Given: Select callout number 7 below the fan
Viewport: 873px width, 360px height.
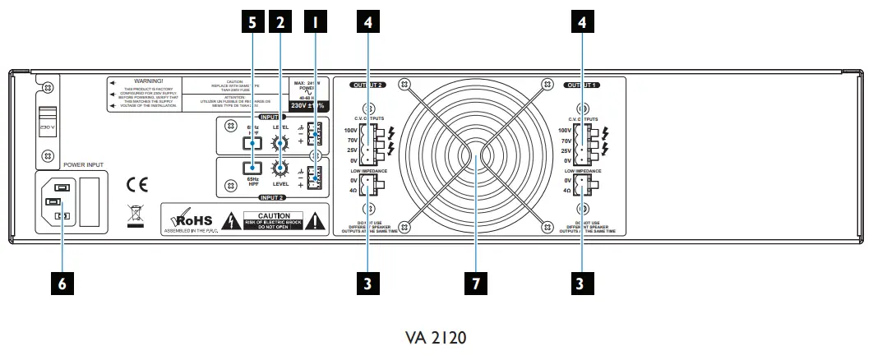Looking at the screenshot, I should tap(475, 284).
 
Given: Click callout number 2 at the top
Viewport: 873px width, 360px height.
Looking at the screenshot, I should tap(281, 23).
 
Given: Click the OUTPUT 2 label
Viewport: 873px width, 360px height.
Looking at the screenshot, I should tap(368, 85).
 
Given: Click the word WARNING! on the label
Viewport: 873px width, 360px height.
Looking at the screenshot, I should tap(150, 81).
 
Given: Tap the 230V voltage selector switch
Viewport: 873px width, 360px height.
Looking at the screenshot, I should tap(48, 122).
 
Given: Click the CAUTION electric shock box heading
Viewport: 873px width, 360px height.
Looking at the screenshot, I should tap(280, 215).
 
